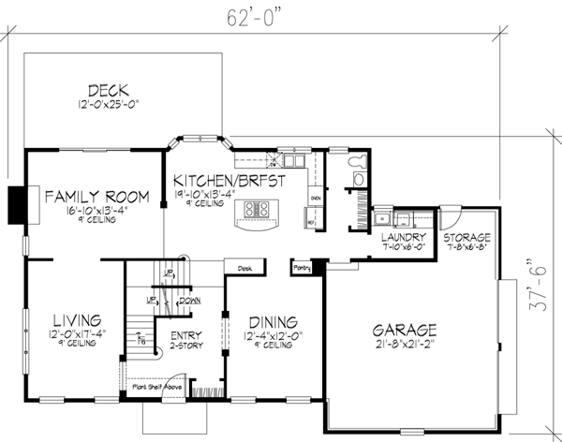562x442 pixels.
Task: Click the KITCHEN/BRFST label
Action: click(x=222, y=172)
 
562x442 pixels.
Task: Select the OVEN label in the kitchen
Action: click(x=316, y=199)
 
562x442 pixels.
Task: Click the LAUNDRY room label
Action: click(x=405, y=237)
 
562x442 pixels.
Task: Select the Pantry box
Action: click(x=302, y=267)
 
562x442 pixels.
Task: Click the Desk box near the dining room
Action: click(x=245, y=266)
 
